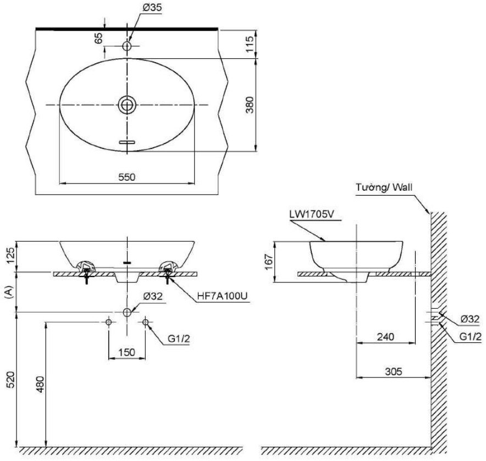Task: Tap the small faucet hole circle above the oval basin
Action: click(x=127, y=47)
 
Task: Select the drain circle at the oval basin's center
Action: click(x=127, y=104)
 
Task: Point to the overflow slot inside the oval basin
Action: click(x=127, y=142)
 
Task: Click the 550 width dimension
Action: click(x=126, y=176)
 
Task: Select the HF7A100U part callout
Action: click(x=223, y=296)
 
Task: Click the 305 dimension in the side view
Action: click(x=393, y=371)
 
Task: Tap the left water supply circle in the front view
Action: click(x=108, y=321)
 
